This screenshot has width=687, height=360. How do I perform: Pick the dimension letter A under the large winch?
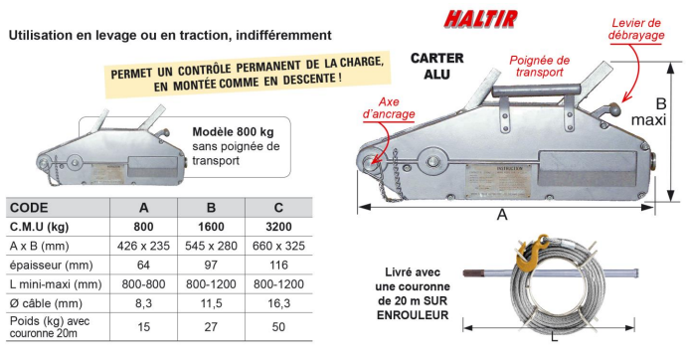[503, 215]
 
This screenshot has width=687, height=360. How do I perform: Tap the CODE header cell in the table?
[32, 208]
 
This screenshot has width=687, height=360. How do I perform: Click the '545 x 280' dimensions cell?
[210, 246]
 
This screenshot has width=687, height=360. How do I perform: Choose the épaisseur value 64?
[144, 265]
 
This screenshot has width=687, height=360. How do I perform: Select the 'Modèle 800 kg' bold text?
[234, 131]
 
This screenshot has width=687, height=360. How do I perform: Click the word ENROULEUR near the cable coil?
[413, 316]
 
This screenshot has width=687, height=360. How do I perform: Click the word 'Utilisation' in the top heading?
[41, 35]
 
